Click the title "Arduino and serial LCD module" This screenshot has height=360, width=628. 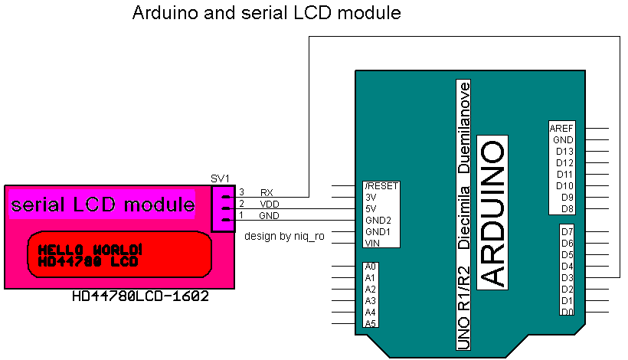click(x=267, y=13)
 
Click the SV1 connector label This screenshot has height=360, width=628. click(x=221, y=178)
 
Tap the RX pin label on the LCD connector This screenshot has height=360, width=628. click(x=267, y=192)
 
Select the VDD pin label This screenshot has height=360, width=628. click(x=269, y=204)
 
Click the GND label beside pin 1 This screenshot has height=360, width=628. click(x=269, y=215)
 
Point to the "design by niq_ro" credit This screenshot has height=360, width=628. click(x=284, y=236)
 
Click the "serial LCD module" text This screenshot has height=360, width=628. click(x=103, y=205)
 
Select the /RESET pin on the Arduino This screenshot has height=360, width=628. click(x=381, y=186)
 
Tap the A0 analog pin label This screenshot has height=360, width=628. click(x=371, y=267)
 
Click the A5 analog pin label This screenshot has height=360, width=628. click(x=371, y=323)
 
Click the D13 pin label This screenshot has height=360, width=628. click(x=565, y=152)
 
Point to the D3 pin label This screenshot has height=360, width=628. click(x=567, y=277)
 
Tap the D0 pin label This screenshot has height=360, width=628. click(x=567, y=312)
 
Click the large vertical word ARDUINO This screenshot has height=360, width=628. click(x=492, y=214)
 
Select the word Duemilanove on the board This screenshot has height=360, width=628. click(x=463, y=127)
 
